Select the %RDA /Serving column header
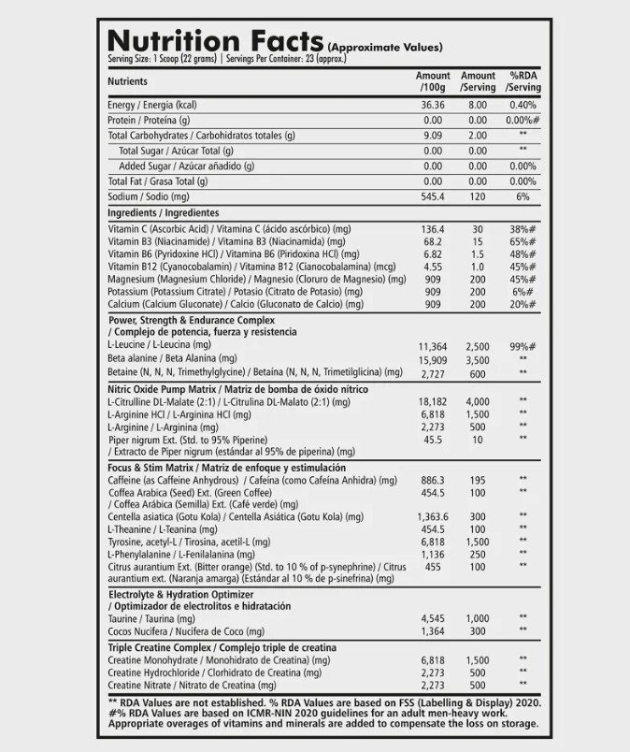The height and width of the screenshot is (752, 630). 523,81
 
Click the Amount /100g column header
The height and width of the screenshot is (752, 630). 433,81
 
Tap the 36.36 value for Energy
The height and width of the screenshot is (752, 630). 433,105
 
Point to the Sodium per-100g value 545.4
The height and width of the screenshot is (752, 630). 433,196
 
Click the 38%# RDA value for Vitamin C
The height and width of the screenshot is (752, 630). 523,229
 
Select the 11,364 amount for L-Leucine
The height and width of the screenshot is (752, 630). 433,346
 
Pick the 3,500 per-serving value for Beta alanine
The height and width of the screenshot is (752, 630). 478,359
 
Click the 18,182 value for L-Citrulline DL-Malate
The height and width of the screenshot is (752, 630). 433,401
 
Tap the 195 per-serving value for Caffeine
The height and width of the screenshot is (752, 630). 478,480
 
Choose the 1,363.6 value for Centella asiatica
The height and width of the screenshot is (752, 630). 433,516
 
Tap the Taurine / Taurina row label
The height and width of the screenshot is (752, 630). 151,619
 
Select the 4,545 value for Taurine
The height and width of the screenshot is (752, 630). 433,618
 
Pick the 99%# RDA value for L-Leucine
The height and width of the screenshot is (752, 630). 523,346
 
